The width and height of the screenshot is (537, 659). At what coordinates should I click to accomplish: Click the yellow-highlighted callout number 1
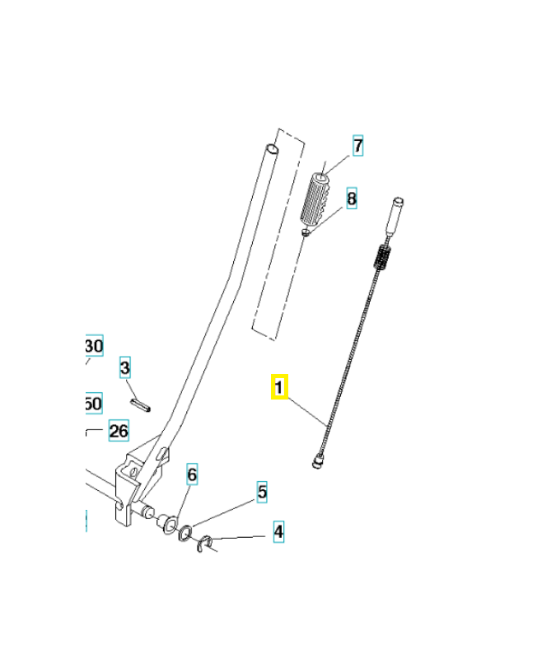point(279,387)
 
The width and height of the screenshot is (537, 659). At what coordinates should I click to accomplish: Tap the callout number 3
point(125,367)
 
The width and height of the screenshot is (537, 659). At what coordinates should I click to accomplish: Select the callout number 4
point(278,532)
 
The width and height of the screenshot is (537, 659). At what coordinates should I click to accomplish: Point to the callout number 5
point(262,493)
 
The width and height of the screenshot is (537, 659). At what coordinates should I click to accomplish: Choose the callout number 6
point(192,474)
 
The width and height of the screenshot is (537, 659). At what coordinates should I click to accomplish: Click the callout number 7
point(357,147)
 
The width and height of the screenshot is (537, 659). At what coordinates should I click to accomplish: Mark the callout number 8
point(352,199)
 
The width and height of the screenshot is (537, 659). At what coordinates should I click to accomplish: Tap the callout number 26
point(119,430)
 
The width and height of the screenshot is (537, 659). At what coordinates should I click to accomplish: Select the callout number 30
point(94,346)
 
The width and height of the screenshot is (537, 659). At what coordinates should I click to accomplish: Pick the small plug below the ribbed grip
point(306,233)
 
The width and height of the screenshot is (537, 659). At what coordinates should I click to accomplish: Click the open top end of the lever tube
point(271,150)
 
